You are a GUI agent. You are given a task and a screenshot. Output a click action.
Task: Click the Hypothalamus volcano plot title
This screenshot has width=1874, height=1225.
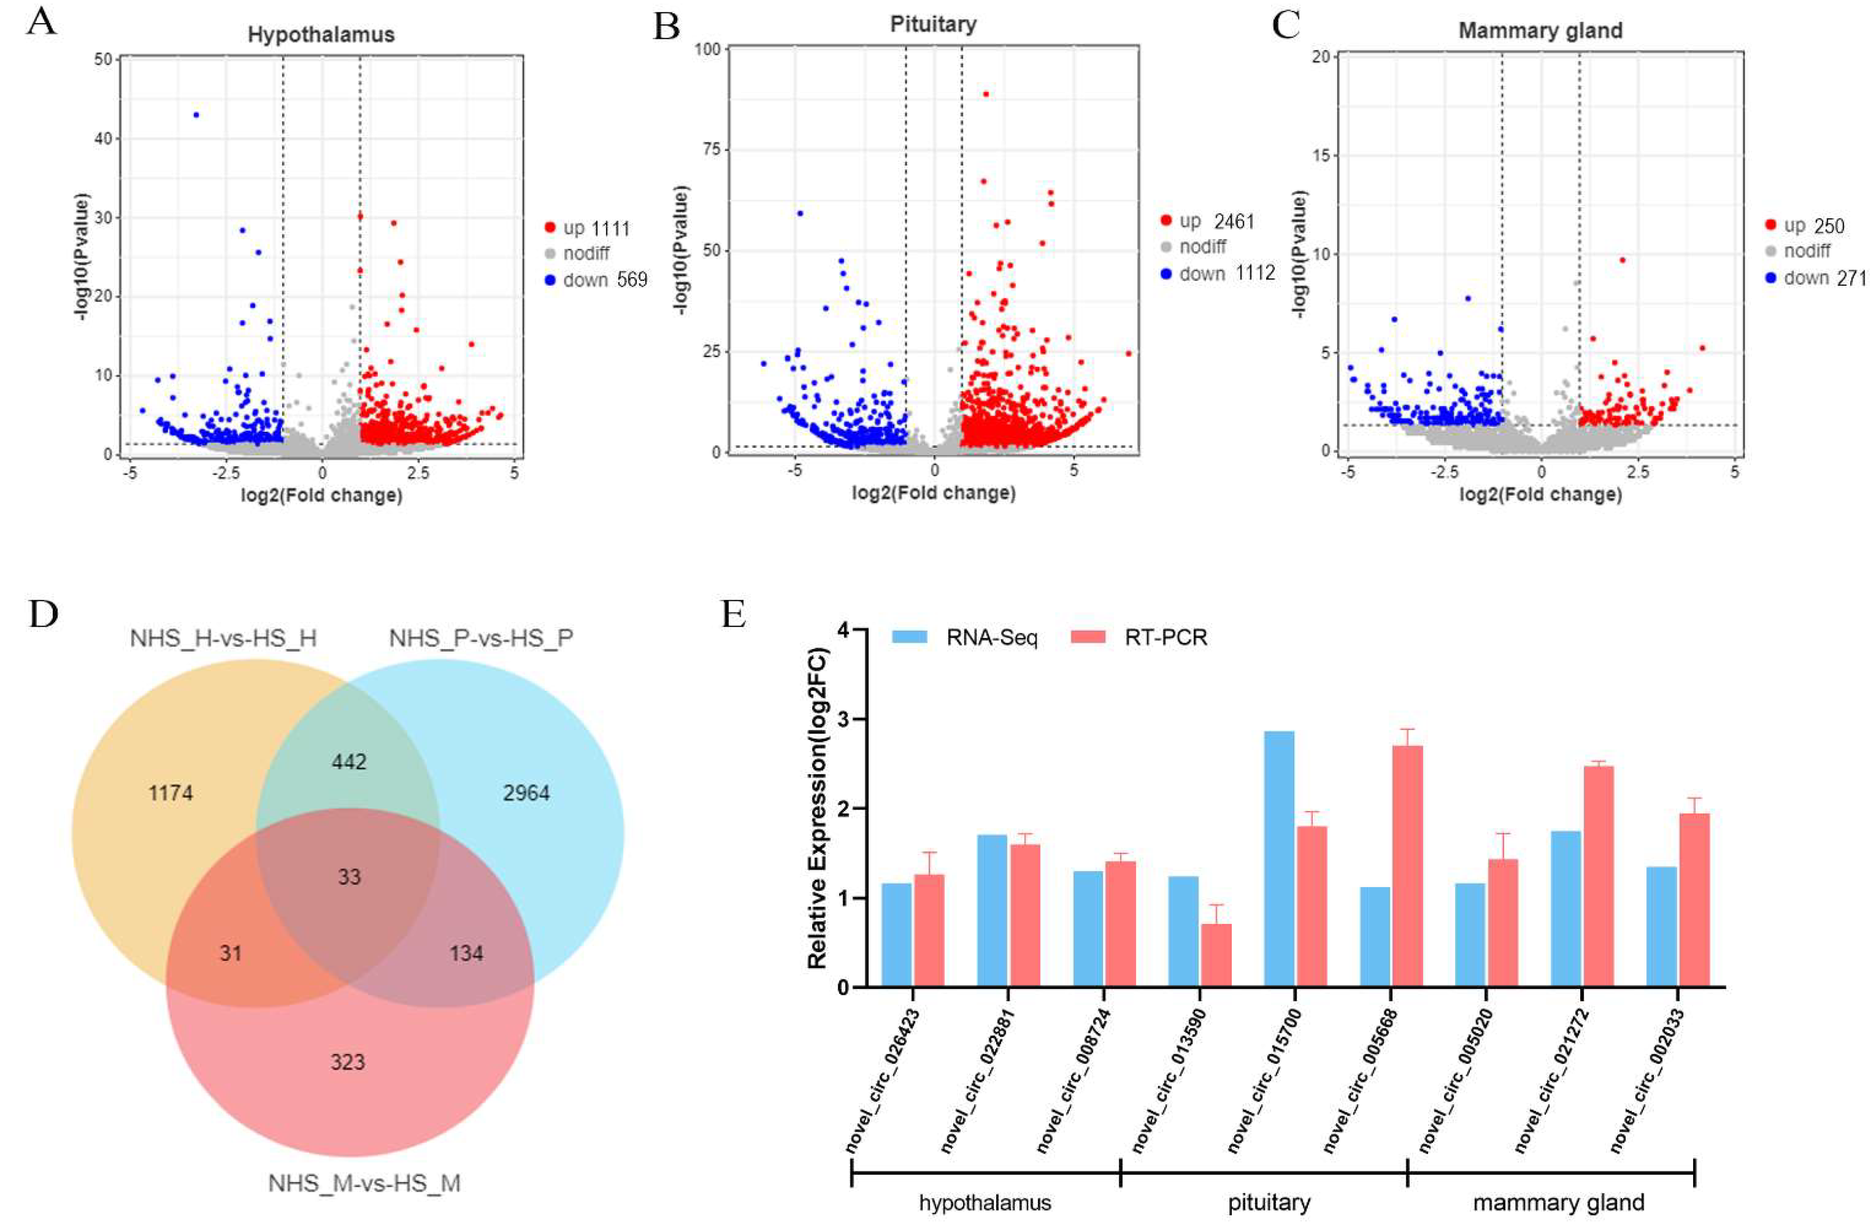click(321, 35)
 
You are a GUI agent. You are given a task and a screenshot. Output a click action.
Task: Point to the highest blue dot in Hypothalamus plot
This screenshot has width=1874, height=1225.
click(196, 115)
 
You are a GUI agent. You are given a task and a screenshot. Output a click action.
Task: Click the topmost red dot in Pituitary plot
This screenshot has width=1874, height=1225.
click(985, 94)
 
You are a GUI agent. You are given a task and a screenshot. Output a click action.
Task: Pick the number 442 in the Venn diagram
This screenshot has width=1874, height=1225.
click(349, 761)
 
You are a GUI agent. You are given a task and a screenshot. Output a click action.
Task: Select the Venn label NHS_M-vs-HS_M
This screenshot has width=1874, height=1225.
click(364, 1183)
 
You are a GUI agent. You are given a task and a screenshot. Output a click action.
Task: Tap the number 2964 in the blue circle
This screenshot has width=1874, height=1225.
click(526, 793)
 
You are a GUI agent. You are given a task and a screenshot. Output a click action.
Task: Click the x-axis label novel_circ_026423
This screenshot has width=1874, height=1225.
click(883, 1080)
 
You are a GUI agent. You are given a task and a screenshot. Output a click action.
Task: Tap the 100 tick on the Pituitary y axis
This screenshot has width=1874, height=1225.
click(706, 49)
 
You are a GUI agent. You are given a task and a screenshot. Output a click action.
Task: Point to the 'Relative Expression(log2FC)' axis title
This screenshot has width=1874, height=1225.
click(817, 808)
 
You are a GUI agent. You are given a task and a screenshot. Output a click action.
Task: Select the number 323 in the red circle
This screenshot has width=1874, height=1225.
click(347, 1062)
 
